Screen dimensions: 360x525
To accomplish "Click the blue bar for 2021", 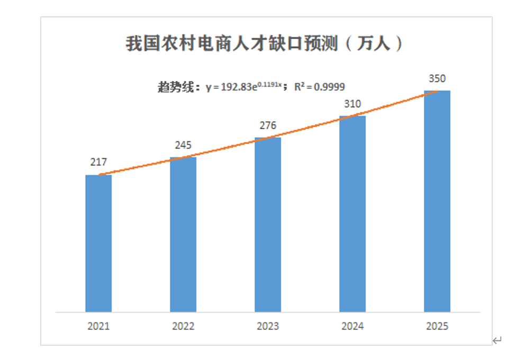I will coord(98,243).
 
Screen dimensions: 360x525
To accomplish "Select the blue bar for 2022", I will coord(183,234).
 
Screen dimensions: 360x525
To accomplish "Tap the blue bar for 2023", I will coord(268,224).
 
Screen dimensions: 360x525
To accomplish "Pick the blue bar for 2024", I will coord(352,213).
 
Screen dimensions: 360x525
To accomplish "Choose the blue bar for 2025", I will coord(437,201).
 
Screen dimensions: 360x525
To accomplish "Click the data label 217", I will coord(98,163).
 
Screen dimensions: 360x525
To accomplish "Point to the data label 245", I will coord(183,145).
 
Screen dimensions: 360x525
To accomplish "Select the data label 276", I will coord(268,125).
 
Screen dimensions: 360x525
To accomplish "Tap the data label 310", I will coord(352,104).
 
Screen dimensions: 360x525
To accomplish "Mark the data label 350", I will coord(437,79).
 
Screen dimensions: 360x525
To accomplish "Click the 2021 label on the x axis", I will coord(98,326).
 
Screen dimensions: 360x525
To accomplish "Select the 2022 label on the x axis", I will coord(183,326).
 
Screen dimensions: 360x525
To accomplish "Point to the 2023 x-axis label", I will coord(268,326).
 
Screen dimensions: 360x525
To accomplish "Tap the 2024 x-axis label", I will coord(352,326).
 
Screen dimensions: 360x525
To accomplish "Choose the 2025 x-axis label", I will coord(437,326).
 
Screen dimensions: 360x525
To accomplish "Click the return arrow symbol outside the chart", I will coord(497,340).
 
